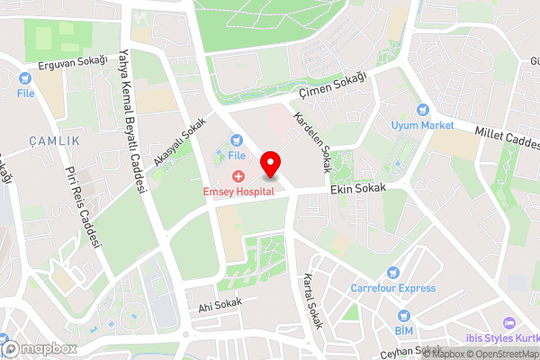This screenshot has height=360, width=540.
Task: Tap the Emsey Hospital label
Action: point(238,193)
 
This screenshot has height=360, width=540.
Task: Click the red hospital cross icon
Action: point(238,176)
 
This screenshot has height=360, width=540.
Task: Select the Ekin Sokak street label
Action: point(357,189)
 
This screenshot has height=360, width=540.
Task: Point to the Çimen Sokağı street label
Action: point(334,88)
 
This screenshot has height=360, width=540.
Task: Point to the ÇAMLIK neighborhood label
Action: point(54,141)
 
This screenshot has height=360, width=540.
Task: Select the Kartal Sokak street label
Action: point(312,299)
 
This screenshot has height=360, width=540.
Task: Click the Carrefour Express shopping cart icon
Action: point(392,273)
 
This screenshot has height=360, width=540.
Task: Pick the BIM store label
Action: point(403,330)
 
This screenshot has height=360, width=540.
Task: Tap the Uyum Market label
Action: point(422,125)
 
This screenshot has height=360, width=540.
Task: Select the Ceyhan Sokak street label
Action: point(411,352)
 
